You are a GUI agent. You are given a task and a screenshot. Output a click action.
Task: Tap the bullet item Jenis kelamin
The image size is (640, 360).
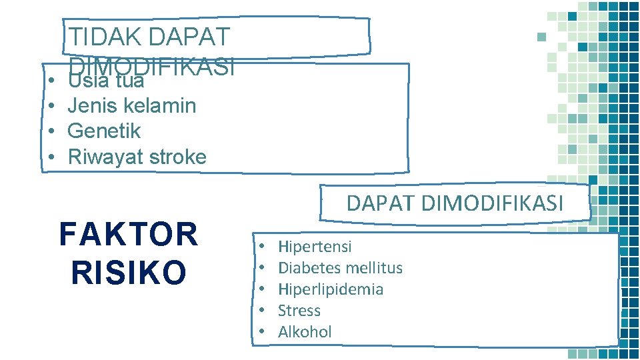(131, 106)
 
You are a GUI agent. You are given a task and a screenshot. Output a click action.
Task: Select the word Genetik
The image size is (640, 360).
(104, 131)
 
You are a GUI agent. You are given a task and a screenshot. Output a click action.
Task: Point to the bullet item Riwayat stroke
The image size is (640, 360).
(137, 157)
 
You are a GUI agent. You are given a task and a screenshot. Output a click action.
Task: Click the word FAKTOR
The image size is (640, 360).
(129, 235)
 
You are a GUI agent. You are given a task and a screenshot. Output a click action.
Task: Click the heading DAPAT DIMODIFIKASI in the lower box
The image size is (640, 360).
(455, 202)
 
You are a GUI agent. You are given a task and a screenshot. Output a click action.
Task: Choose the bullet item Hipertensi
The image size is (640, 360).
(314, 247)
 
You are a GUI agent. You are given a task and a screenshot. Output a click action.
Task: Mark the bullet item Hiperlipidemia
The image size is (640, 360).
(330, 289)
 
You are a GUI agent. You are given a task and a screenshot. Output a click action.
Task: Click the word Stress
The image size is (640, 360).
(299, 311)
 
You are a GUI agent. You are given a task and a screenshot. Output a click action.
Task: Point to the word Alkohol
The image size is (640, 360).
(304, 332)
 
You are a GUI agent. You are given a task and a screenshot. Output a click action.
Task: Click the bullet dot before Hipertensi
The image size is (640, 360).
(263, 247)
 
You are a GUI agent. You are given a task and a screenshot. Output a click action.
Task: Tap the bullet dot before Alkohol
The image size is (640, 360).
(263, 332)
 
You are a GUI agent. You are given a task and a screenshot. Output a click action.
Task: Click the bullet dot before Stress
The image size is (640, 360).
(263, 311)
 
